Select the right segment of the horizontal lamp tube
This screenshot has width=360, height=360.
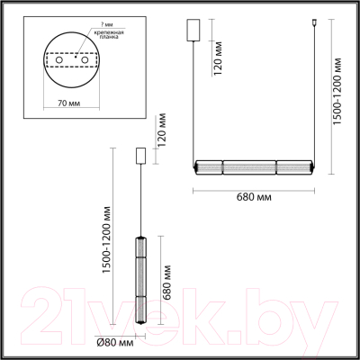tap(293, 166)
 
